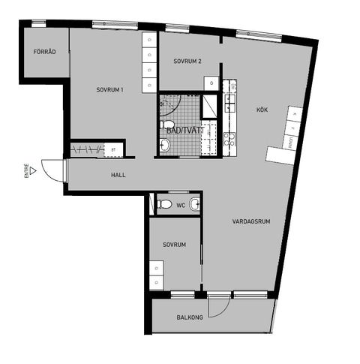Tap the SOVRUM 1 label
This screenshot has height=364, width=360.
(x=109, y=90)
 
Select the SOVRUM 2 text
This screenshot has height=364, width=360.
(x=187, y=61)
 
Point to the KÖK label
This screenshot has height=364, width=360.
(x=262, y=110)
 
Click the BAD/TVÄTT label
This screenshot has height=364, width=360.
(x=184, y=130)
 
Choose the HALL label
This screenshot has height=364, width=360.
(x=118, y=176)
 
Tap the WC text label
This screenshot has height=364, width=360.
(x=181, y=204)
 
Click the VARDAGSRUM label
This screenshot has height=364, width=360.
(x=250, y=221)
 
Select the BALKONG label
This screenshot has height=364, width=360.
(x=190, y=317)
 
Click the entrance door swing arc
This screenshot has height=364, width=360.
(x=52, y=172)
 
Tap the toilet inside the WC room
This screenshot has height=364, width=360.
(x=165, y=204)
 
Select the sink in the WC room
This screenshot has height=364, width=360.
(x=195, y=203)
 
